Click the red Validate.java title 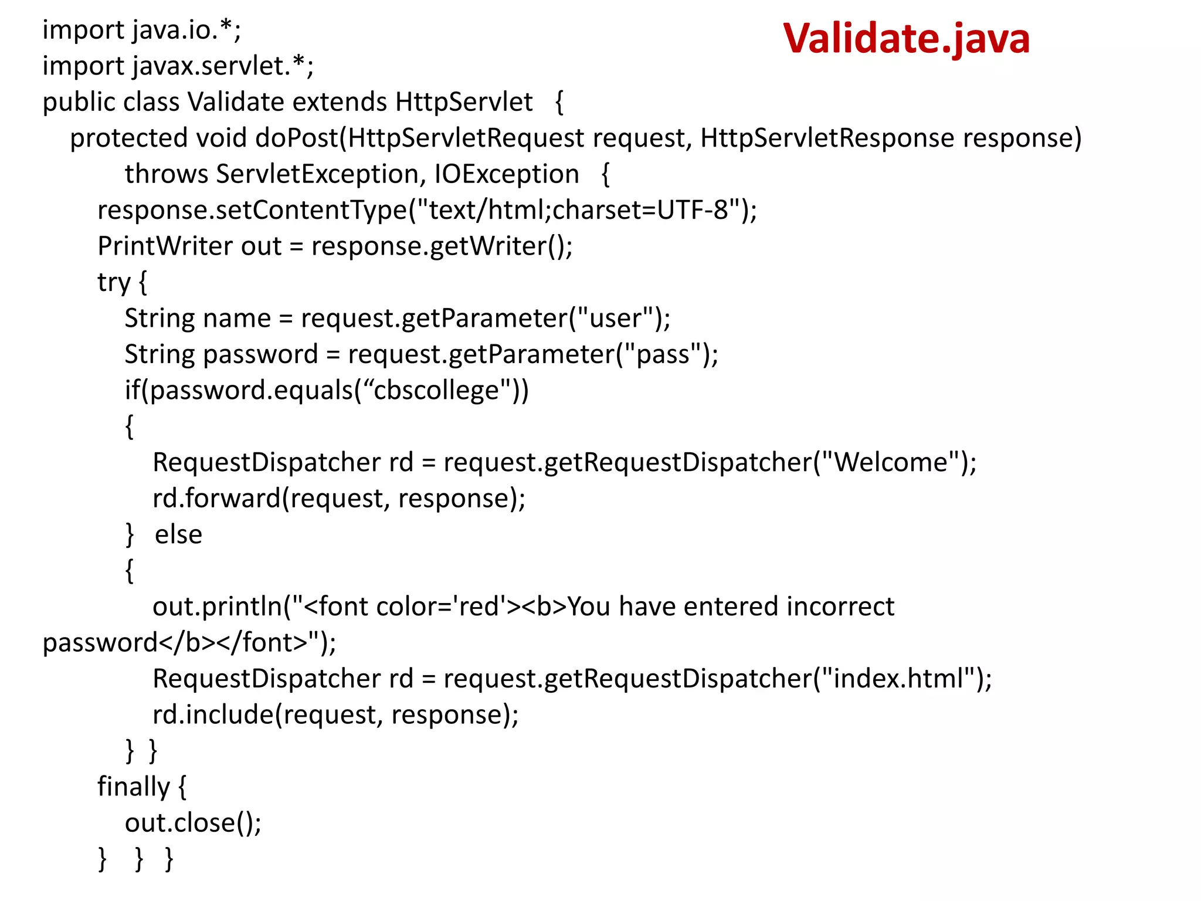point(906,39)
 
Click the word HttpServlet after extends point(464,102)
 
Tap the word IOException point(507,174)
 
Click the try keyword point(114,283)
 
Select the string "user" point(615,319)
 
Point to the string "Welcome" point(891,463)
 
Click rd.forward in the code point(216,499)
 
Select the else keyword point(178,535)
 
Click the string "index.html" point(898,679)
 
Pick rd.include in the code point(213,715)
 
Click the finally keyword point(134,787)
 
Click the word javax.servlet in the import point(211,66)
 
